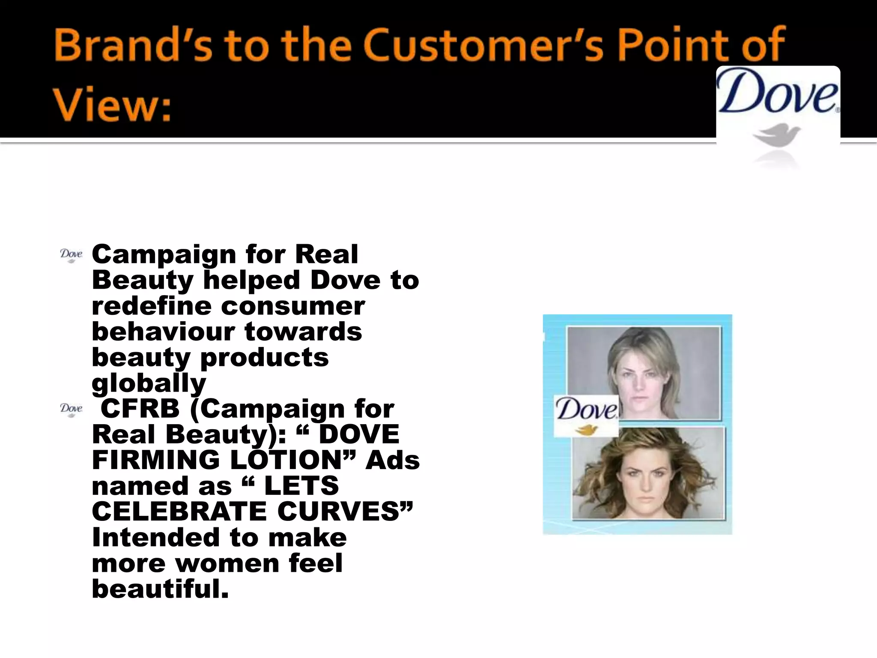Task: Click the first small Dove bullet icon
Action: coord(71,255)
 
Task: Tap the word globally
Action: coord(149,383)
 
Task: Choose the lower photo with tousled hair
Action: coord(649,473)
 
